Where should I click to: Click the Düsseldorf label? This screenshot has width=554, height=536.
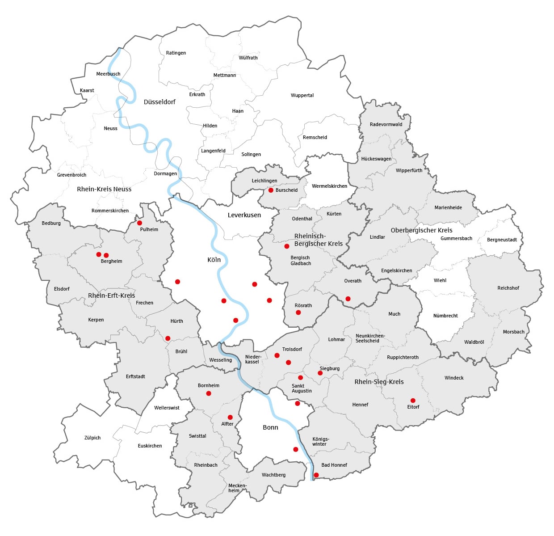[x=159, y=102]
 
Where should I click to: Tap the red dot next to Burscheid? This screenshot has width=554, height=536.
[x=271, y=190]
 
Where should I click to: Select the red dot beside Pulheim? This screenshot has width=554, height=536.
[x=139, y=223]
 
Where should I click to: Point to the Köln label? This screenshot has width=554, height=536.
[x=214, y=260]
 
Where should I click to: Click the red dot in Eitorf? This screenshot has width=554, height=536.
[x=413, y=401]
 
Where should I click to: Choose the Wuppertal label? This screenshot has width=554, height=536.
[x=302, y=95]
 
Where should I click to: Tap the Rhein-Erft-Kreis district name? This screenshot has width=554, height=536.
[x=111, y=295]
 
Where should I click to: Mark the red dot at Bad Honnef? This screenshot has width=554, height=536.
[x=316, y=475]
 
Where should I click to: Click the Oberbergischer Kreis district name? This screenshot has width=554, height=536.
[x=421, y=230]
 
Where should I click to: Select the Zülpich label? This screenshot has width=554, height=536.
[x=92, y=438]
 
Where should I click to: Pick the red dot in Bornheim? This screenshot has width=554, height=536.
[x=209, y=393]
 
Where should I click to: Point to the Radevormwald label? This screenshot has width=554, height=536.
[x=386, y=124]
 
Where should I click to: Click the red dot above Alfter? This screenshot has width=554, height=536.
[x=230, y=417]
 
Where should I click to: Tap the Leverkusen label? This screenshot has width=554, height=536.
[x=244, y=215]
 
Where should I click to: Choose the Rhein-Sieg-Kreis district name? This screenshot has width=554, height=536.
[x=379, y=382]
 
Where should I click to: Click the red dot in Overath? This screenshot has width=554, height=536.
[x=348, y=299]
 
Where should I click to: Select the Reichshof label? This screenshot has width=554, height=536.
[x=508, y=288]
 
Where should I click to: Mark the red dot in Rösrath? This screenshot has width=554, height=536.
[x=298, y=312]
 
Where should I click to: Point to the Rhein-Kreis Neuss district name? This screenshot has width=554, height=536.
[x=104, y=189]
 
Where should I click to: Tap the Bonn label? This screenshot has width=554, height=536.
[x=270, y=427]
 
